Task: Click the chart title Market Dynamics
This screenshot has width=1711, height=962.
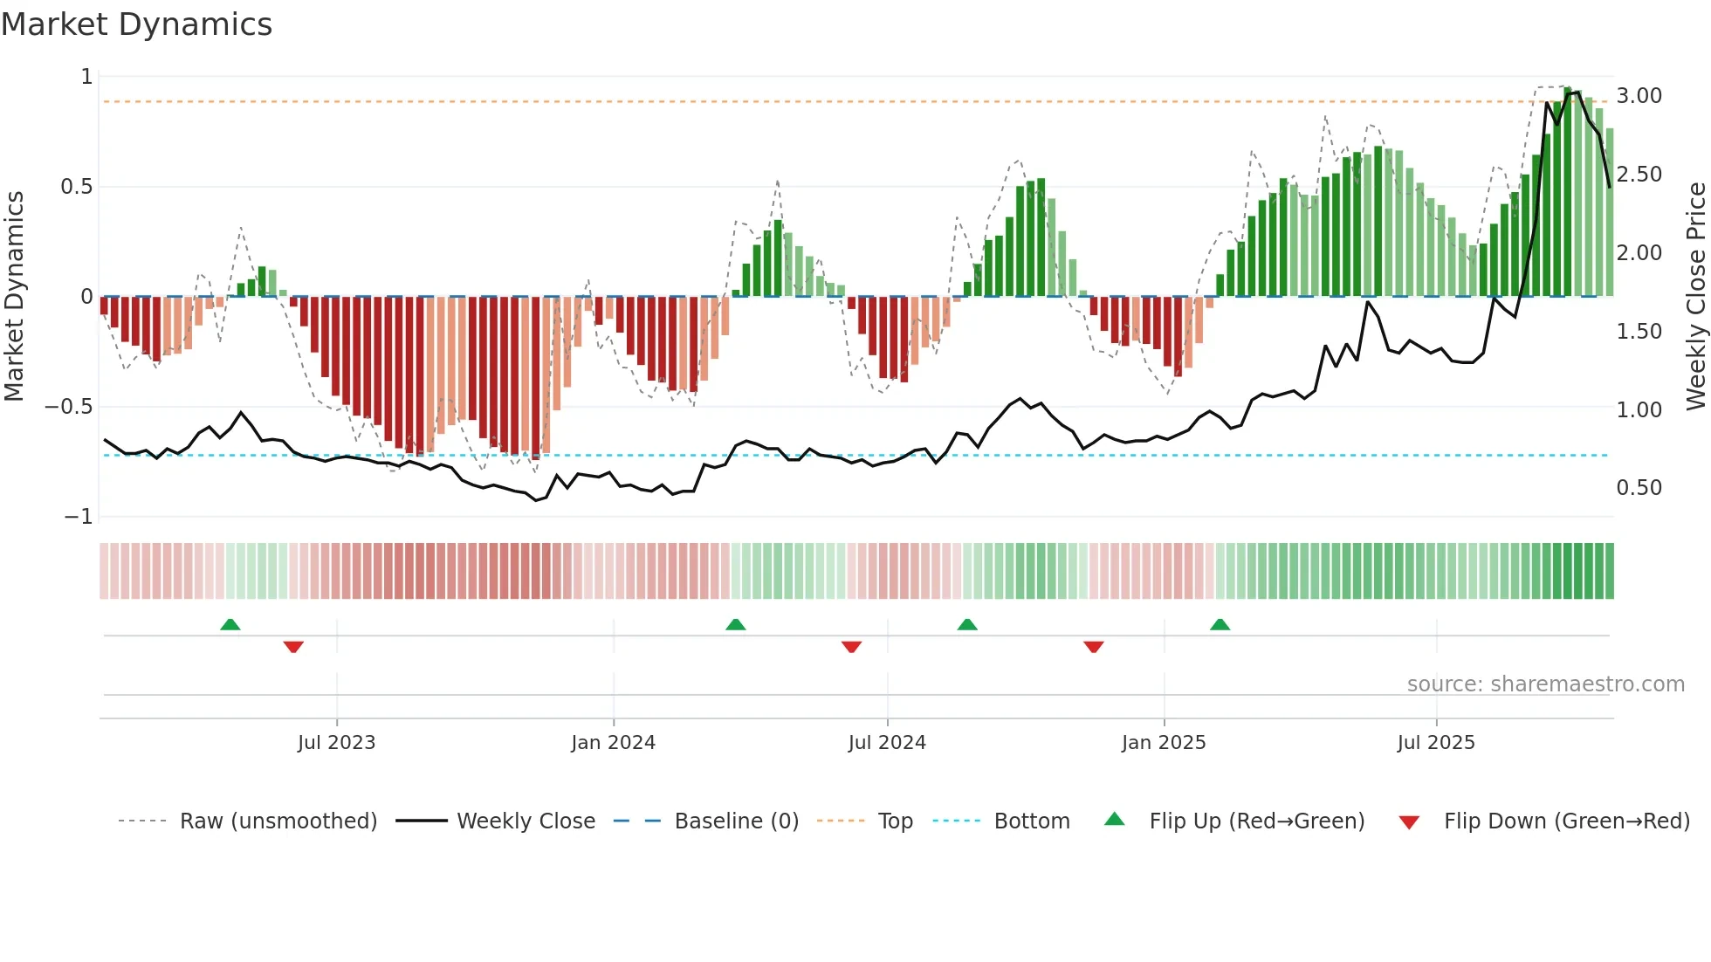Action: tap(137, 24)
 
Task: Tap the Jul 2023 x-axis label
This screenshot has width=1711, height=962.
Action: tap(336, 743)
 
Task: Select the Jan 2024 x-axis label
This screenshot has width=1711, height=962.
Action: tap(613, 743)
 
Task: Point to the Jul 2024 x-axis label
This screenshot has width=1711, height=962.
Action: tap(887, 743)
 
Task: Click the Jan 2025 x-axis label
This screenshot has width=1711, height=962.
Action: tap(1164, 743)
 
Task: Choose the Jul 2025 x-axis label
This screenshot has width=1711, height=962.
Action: tap(1436, 743)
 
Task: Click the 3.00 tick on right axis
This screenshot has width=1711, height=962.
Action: tap(1639, 96)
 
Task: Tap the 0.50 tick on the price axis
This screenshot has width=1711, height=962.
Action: tap(1639, 488)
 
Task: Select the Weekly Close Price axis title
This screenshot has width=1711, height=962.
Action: tap(1695, 296)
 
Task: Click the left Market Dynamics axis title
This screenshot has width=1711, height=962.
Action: tap(14, 296)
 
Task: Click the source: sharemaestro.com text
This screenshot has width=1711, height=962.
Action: tap(1545, 684)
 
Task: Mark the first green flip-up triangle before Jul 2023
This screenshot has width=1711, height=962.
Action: tap(230, 625)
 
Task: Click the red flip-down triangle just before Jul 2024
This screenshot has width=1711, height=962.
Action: tap(851, 647)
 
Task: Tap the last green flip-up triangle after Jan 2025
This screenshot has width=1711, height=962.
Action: tap(1220, 625)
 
